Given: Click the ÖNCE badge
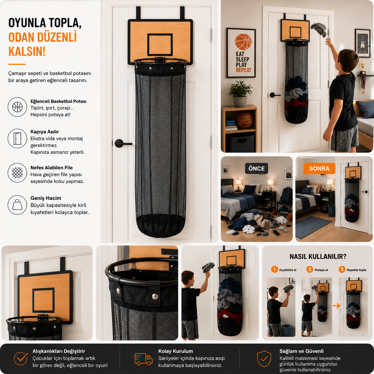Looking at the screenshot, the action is pyautogui.click(x=256, y=168).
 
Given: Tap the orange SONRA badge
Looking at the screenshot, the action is pyautogui.click(x=319, y=168).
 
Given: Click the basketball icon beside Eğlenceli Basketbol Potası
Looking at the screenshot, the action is pyautogui.click(x=17, y=107).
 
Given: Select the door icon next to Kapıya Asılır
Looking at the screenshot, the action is pyautogui.click(x=17, y=138).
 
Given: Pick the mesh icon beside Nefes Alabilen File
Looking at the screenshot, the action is pyautogui.click(x=17, y=173).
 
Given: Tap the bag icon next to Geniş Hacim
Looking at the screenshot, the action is pyautogui.click(x=17, y=205).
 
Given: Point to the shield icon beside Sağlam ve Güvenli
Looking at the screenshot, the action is pyautogui.click(x=264, y=359).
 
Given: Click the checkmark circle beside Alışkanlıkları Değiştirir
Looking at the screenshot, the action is pyautogui.click(x=21, y=359).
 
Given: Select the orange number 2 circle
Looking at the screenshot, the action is pyautogui.click(x=310, y=269).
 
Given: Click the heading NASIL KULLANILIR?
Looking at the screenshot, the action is pyautogui.click(x=318, y=256).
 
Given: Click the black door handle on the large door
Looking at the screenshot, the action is pyautogui.click(x=123, y=143).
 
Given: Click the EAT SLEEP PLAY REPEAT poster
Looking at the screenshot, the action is pyautogui.click(x=241, y=53).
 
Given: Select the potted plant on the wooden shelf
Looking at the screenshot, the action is pyautogui.click(x=240, y=94).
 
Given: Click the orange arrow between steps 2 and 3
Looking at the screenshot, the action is pyautogui.click(x=336, y=306).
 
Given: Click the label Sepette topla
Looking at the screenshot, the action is pyautogui.click(x=356, y=270).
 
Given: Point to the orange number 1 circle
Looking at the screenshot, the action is pyautogui.click(x=274, y=269).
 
